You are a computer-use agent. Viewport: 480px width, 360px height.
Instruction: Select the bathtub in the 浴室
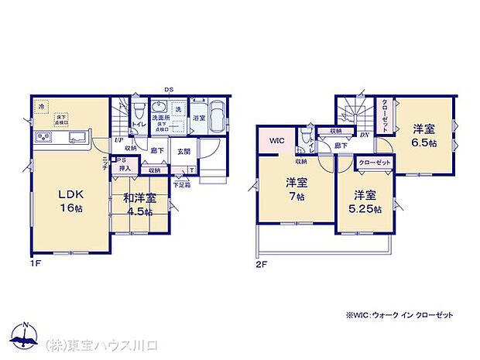click(x=217, y=118)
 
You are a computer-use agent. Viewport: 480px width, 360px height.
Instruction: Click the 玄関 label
click(x=183, y=152)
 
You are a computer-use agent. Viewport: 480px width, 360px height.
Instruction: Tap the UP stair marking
click(x=119, y=141)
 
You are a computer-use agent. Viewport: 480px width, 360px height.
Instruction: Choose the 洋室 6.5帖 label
click(x=423, y=136)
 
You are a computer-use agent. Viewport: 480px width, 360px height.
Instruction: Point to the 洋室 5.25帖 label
click(x=366, y=201)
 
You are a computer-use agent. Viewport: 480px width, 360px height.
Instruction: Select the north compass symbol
click(x=26, y=334)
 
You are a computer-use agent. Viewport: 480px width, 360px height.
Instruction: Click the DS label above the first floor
click(x=168, y=90)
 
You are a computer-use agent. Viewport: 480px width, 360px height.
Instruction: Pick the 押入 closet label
click(x=125, y=170)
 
